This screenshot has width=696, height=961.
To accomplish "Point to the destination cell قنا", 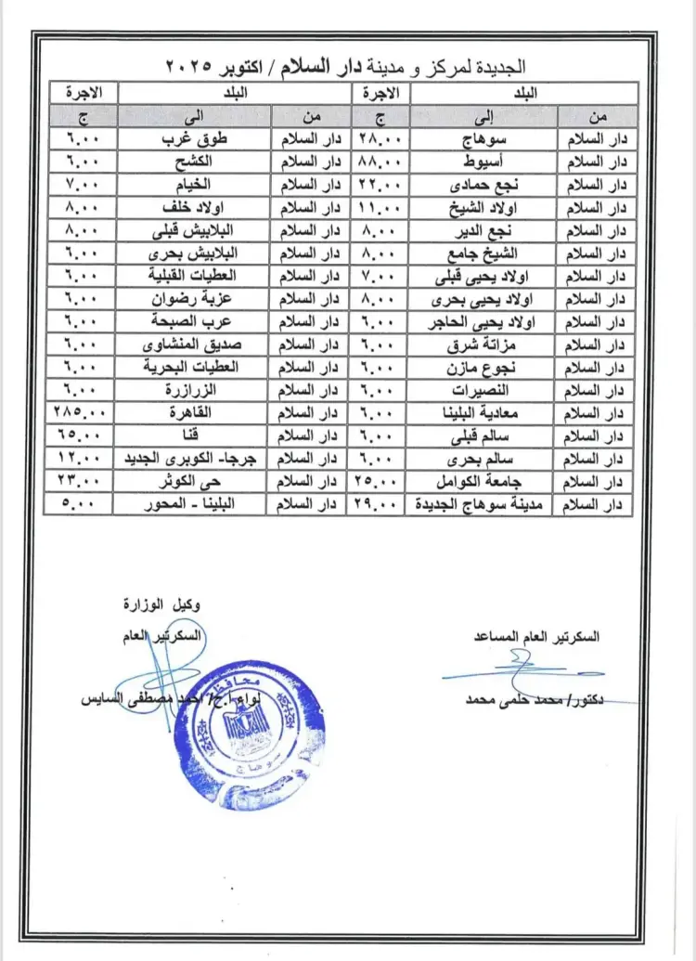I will pyautogui.click(x=194, y=435).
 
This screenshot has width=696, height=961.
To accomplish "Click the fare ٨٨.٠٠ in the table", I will pyautogui.click(x=376, y=161).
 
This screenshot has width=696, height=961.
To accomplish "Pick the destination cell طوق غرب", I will pyautogui.click(x=194, y=138).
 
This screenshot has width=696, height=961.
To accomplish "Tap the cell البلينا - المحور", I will pyautogui.click(x=194, y=504).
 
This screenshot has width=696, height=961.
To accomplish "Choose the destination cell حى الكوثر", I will pyautogui.click(x=194, y=481).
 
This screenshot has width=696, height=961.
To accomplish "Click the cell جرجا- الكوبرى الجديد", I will pyautogui.click(x=194, y=458).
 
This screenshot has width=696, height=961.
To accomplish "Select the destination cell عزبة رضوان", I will pyautogui.click(x=194, y=298).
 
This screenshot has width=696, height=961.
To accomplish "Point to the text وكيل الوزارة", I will pyautogui.click(x=161, y=604).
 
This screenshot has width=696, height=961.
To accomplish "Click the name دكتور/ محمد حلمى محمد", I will pyautogui.click(x=535, y=699).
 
